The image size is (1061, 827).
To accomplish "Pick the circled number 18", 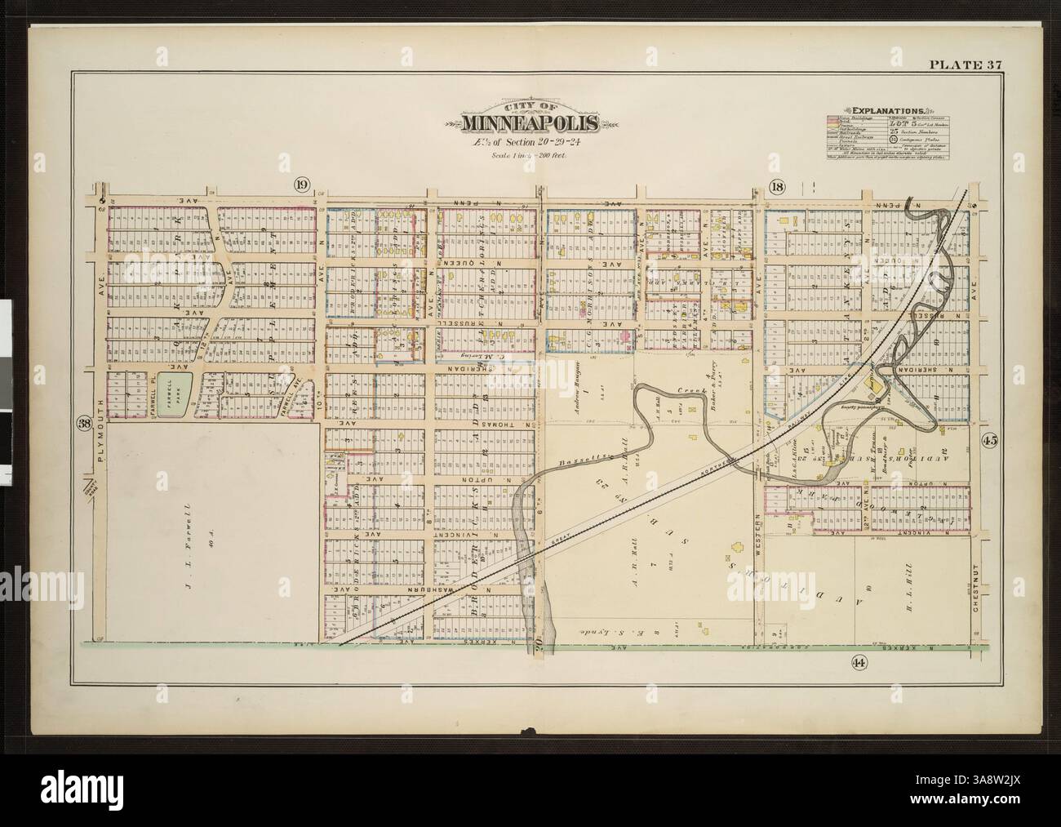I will click(x=776, y=187).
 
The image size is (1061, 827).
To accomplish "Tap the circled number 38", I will click(x=82, y=423).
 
